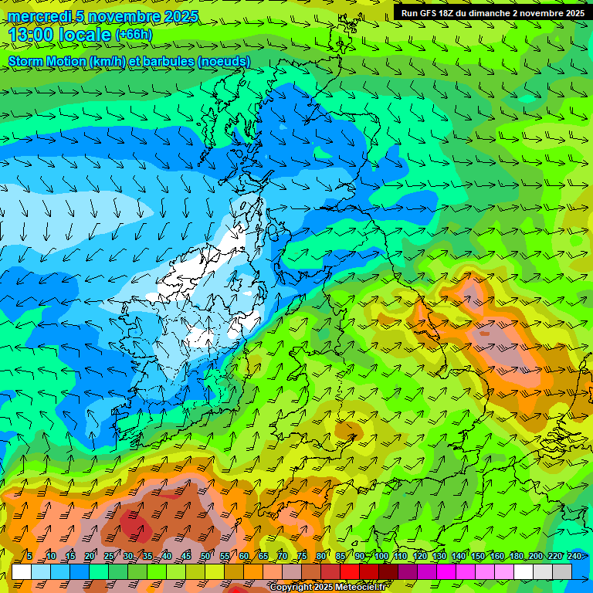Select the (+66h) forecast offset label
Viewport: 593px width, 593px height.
(134, 35)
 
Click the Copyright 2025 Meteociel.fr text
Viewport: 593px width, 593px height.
(329, 588)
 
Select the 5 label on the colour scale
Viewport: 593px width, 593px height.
(29, 556)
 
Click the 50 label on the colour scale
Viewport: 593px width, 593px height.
(205, 556)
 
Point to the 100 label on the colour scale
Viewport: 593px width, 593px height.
(381, 556)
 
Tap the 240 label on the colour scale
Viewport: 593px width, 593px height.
(574, 556)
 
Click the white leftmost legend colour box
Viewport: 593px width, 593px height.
(22, 571)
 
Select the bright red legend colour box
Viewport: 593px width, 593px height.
(350, 571)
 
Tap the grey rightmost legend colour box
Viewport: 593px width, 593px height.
(562, 571)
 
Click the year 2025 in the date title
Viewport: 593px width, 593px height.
(181, 16)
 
